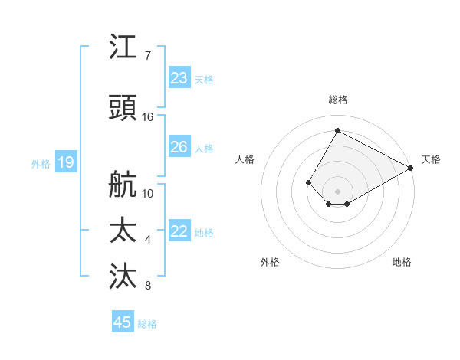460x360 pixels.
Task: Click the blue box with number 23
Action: point(179,78)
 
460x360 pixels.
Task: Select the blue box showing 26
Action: point(179,147)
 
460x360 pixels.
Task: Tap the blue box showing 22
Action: point(179,231)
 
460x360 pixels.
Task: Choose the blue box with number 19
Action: point(66,162)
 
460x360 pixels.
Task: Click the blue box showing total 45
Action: point(123,322)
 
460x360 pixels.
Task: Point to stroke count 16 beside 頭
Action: point(148,117)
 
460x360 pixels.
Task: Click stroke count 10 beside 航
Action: point(148,194)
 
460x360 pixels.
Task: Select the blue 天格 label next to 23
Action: point(204,79)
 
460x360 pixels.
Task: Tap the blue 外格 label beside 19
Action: point(41,163)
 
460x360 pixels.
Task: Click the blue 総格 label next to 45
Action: point(147,324)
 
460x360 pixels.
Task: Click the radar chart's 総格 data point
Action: point(337,130)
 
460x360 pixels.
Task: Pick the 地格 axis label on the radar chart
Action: point(402,263)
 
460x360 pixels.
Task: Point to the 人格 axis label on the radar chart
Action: point(245,159)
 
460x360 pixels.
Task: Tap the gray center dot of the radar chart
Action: point(337,191)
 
